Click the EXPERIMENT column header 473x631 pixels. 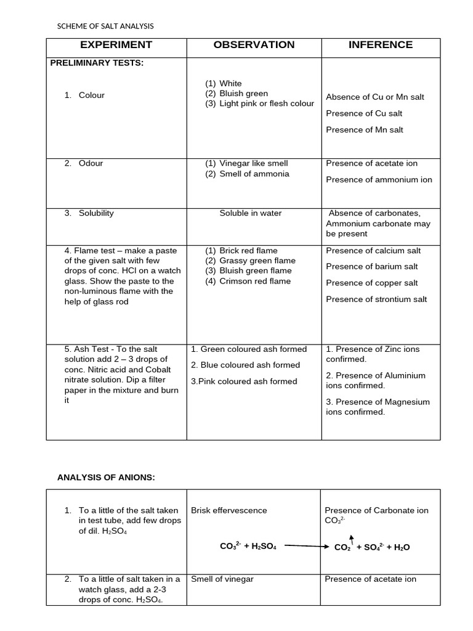pos(116,45)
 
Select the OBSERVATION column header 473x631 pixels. pos(254,45)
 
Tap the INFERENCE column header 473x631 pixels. pos(381,45)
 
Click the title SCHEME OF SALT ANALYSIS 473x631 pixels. pos(105,26)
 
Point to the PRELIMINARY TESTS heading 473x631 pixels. pos(97,63)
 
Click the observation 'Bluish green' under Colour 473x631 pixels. pos(243,94)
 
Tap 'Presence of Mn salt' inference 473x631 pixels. pos(365,130)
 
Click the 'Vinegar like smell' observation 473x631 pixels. pos(253,163)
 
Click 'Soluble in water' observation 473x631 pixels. pos(251,213)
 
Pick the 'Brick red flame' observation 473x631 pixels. pos(248,251)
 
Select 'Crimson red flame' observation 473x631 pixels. pos(255,281)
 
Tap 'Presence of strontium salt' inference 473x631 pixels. pos(376,299)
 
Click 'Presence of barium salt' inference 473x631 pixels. pos(371,267)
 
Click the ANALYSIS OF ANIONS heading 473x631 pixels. pos(106,477)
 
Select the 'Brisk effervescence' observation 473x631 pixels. pos(229,510)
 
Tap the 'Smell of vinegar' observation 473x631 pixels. pos(222,579)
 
